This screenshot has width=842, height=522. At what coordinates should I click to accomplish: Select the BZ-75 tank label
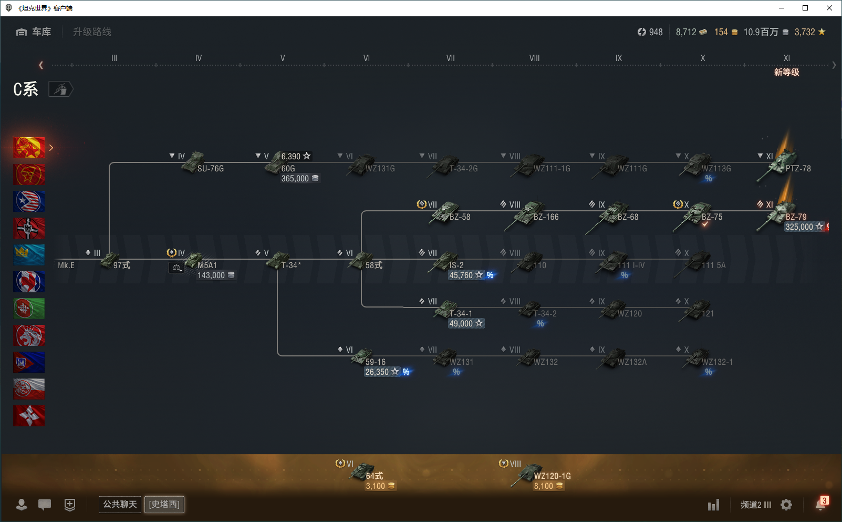[x=712, y=217]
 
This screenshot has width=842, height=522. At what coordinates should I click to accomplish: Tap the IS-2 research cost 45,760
[x=461, y=275]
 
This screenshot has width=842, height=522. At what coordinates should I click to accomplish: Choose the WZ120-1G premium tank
[x=552, y=476]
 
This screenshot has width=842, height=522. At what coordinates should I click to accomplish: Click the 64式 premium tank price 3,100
[x=376, y=486]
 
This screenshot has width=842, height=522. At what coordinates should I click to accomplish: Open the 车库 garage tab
[x=34, y=32]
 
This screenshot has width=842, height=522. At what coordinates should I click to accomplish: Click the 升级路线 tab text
[x=92, y=32]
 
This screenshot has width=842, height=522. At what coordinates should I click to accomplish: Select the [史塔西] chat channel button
[x=164, y=505]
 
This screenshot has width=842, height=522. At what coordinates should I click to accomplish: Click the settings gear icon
[x=786, y=505]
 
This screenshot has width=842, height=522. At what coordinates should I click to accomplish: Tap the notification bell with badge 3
[x=820, y=504]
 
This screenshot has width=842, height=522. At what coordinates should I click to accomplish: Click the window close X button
[x=829, y=8]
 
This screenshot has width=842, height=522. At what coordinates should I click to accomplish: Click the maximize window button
[x=805, y=8]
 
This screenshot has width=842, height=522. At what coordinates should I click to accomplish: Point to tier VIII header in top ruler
[x=534, y=58]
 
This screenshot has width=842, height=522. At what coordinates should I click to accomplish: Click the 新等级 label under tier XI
[x=786, y=73]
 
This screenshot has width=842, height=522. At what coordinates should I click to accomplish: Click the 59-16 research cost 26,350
[x=377, y=372]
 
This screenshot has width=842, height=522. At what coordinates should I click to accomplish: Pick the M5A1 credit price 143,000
[x=211, y=275]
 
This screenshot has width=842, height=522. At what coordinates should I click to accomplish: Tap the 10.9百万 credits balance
[x=761, y=32]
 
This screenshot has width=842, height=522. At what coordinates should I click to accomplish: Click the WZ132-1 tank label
[x=717, y=362]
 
